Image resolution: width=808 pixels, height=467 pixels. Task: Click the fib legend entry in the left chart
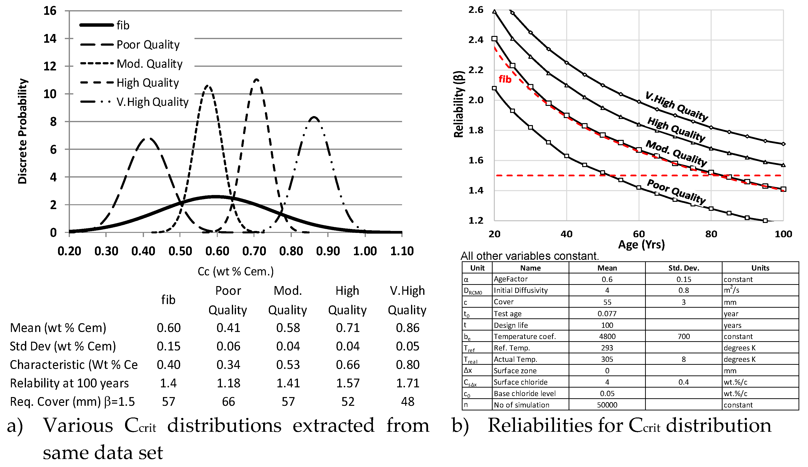pos(123,25)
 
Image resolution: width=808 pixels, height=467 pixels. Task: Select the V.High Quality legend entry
pos(152,102)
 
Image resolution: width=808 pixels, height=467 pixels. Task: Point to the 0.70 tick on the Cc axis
pos(254,251)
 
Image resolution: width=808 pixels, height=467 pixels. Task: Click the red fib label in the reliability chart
pos(505,79)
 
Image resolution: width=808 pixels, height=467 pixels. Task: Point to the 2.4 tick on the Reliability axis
pos(476,40)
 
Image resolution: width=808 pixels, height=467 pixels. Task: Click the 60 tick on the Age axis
pos(639,234)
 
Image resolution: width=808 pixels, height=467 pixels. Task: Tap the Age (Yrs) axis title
pos(641,245)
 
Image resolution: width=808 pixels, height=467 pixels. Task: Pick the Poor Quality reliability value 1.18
pos(228,383)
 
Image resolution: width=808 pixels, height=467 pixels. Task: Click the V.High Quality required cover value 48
pos(408,402)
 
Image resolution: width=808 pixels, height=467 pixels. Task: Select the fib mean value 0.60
pos(169,328)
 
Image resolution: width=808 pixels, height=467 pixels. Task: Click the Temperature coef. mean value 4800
pos(607,336)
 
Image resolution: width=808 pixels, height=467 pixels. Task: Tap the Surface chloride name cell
pos(520,382)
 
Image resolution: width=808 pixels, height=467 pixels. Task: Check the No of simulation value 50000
pos(607,405)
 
